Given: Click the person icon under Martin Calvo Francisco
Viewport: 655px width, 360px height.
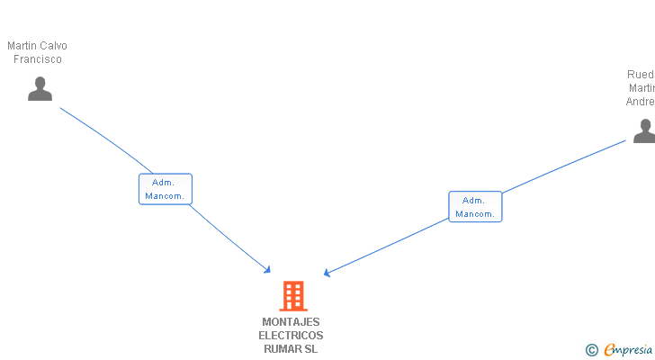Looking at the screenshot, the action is click(40, 88).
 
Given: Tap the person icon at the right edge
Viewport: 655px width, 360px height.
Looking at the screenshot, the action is click(644, 131).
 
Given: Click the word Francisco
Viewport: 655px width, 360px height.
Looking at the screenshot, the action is click(37, 59).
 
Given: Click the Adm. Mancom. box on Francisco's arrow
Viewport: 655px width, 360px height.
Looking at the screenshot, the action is click(165, 189).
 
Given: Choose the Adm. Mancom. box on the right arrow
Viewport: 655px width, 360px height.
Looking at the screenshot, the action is click(475, 207).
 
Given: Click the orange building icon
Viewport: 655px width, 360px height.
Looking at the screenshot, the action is click(292, 295).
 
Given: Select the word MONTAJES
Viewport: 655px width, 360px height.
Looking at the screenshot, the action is click(291, 322).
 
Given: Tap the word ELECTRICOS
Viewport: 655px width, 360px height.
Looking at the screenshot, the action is click(291, 336).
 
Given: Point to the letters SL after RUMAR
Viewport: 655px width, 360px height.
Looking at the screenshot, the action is click(311, 349).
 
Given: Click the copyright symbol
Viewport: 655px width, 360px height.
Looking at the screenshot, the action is click(591, 350).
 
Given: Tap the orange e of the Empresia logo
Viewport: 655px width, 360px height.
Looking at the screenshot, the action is click(609, 350).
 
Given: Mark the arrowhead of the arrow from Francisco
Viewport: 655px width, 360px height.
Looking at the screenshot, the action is click(267, 269).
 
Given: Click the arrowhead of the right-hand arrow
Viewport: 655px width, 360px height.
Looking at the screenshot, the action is click(327, 273).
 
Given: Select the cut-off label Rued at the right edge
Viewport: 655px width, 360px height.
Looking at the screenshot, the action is click(641, 75).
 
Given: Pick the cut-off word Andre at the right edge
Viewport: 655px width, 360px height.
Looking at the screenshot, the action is click(641, 102).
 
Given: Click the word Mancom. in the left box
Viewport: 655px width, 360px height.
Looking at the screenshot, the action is click(165, 196).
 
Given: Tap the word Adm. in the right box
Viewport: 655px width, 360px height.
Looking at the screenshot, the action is click(474, 200).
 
